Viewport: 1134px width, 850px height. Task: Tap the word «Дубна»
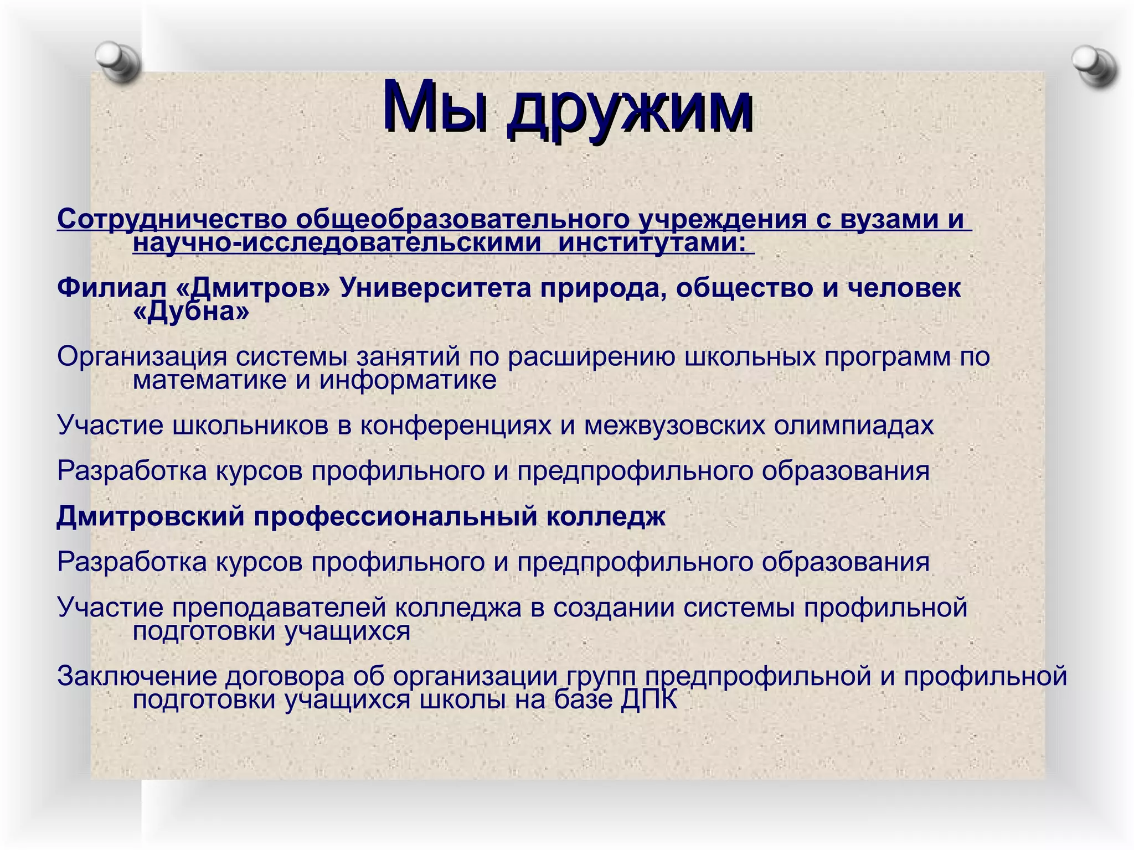click(191, 312)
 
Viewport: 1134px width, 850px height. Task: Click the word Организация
click(142, 356)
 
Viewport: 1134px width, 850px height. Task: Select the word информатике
click(408, 380)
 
